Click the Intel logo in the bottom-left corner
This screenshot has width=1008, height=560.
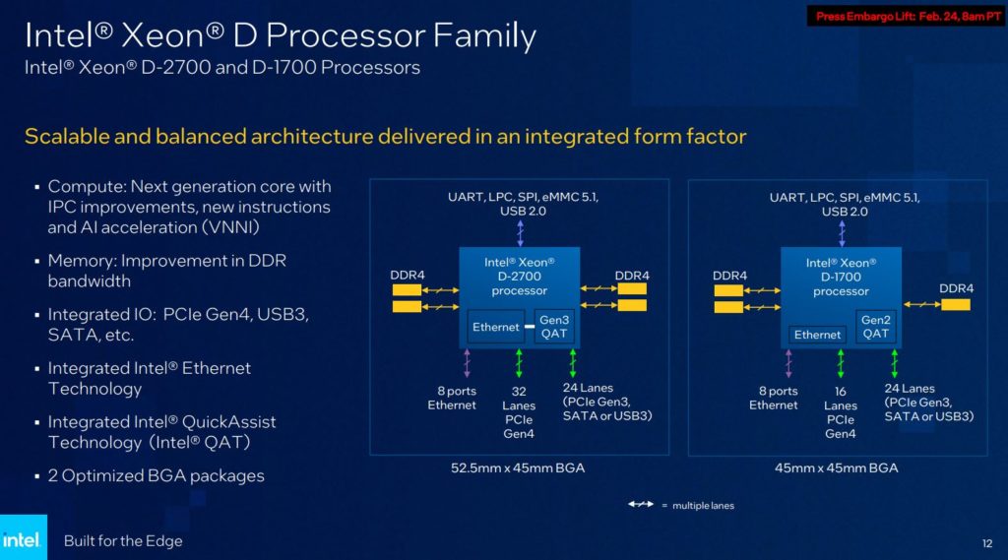click(23, 538)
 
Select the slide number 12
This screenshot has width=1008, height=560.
click(986, 542)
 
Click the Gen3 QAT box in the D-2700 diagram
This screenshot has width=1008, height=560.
click(554, 327)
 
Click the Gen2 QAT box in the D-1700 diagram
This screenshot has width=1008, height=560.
click(875, 327)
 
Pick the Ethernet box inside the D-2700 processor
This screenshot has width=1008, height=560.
click(495, 327)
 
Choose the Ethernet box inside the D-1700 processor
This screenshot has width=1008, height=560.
click(817, 335)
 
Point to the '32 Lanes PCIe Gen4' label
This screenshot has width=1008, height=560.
click(519, 411)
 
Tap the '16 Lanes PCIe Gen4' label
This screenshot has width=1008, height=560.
click(840, 411)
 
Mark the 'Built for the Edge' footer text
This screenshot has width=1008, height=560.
click(123, 541)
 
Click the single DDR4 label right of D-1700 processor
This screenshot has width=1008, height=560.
click(956, 288)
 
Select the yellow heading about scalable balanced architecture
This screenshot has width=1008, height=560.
click(385, 136)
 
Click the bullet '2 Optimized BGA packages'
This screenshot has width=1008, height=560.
click(156, 475)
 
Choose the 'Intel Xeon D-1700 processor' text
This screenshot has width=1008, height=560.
click(841, 277)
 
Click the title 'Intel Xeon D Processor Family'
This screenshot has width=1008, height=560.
click(281, 35)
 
